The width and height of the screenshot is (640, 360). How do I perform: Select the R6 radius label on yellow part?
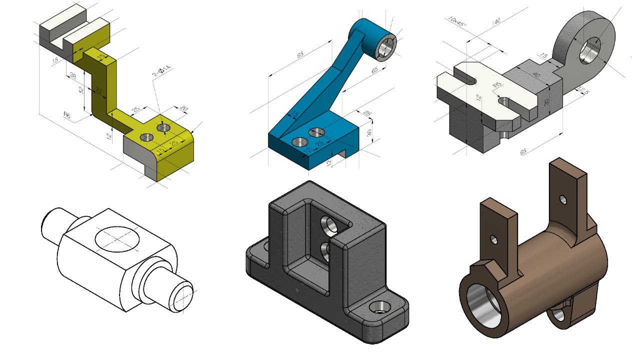[x=66, y=114]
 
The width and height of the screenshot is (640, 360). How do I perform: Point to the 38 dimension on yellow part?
[x=73, y=76]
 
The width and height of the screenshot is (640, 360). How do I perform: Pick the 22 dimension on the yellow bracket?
[x=98, y=91]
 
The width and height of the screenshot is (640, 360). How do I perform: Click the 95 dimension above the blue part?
[x=300, y=55]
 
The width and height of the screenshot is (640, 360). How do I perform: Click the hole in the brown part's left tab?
[x=494, y=239]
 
